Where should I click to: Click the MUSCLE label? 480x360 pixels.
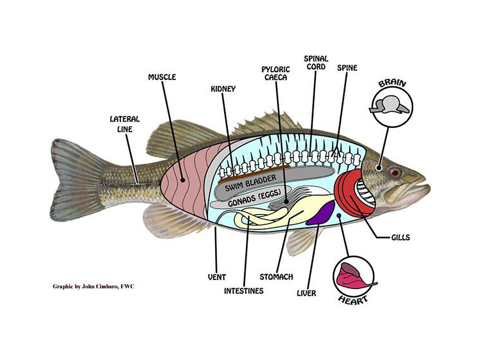[x=162, y=77]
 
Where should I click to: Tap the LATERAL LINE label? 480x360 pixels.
[x=124, y=123]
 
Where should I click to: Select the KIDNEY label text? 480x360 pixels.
[x=223, y=89]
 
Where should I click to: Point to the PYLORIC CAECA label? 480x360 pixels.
[x=276, y=74]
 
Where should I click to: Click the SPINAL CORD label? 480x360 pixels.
[x=316, y=63]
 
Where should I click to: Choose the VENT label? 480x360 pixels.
[x=216, y=277]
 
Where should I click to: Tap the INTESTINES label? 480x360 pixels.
[x=243, y=290]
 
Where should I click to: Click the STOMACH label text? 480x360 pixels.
[x=276, y=277]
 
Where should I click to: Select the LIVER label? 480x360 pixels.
[x=307, y=293]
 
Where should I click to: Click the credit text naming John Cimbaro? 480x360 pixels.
[x=93, y=286]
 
